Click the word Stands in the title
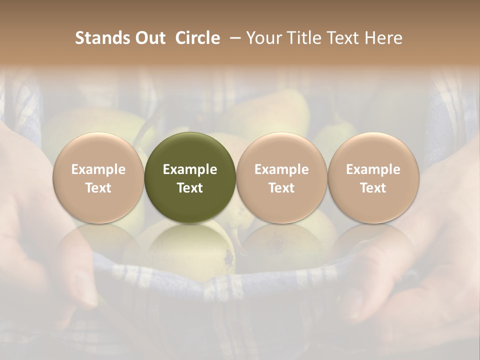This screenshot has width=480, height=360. coord(98,38)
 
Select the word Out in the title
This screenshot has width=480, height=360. coord(148,38)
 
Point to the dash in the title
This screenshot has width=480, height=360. coord(233,38)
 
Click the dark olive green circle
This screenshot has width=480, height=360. coord(190,177)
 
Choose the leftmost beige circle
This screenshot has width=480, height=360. coord(98,177)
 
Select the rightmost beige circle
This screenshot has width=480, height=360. coord(373,177)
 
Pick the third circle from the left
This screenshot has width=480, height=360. coord(281,177)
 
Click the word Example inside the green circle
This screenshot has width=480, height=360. coord(190,169)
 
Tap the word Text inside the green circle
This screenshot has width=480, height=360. coord(190,188)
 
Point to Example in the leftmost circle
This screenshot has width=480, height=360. coord(98,169)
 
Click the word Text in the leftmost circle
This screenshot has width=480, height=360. coord(98,188)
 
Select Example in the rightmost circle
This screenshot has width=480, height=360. coord(373,169)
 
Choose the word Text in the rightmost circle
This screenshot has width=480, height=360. coord(373,188)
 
